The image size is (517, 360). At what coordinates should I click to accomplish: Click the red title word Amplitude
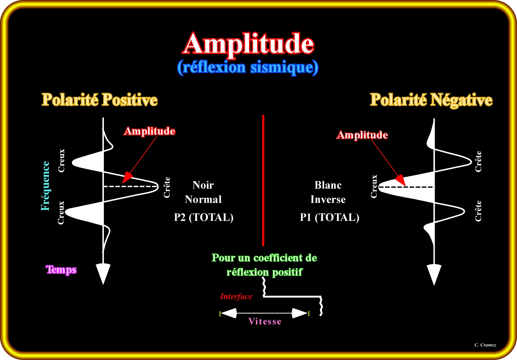pyautogui.click(x=249, y=44)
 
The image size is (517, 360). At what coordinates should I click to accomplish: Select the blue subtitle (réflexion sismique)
pyautogui.click(x=248, y=68)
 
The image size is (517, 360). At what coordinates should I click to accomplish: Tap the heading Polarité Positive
pyautogui.click(x=100, y=100)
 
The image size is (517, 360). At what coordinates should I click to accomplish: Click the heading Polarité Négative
pyautogui.click(x=431, y=100)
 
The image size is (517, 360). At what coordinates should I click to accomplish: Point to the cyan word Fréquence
pyautogui.click(x=46, y=186)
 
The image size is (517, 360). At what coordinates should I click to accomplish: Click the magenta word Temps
pyautogui.click(x=61, y=270)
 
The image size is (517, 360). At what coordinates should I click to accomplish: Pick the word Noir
pyautogui.click(x=203, y=185)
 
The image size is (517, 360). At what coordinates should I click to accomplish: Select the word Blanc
pyautogui.click(x=328, y=185)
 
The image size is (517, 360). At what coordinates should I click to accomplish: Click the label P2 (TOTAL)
pyautogui.click(x=204, y=217)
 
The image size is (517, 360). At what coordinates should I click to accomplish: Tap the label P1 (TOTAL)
pyautogui.click(x=329, y=217)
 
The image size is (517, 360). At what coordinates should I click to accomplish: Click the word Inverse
pyautogui.click(x=328, y=200)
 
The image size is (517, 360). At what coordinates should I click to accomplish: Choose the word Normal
pyautogui.click(x=203, y=200)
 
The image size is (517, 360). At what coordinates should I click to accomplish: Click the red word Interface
pyautogui.click(x=236, y=297)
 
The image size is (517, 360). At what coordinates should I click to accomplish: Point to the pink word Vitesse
pyautogui.click(x=265, y=321)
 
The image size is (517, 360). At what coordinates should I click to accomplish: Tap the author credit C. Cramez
pyautogui.click(x=485, y=345)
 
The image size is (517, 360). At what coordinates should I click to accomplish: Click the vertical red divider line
pyautogui.click(x=263, y=180)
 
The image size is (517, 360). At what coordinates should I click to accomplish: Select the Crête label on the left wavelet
pyautogui.click(x=167, y=187)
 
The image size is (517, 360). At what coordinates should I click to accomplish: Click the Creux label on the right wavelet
pyautogui.click(x=374, y=186)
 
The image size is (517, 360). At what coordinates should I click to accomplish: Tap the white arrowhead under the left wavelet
pyautogui.click(x=103, y=273)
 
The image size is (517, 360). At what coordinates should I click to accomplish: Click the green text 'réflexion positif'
pyautogui.click(x=264, y=272)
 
